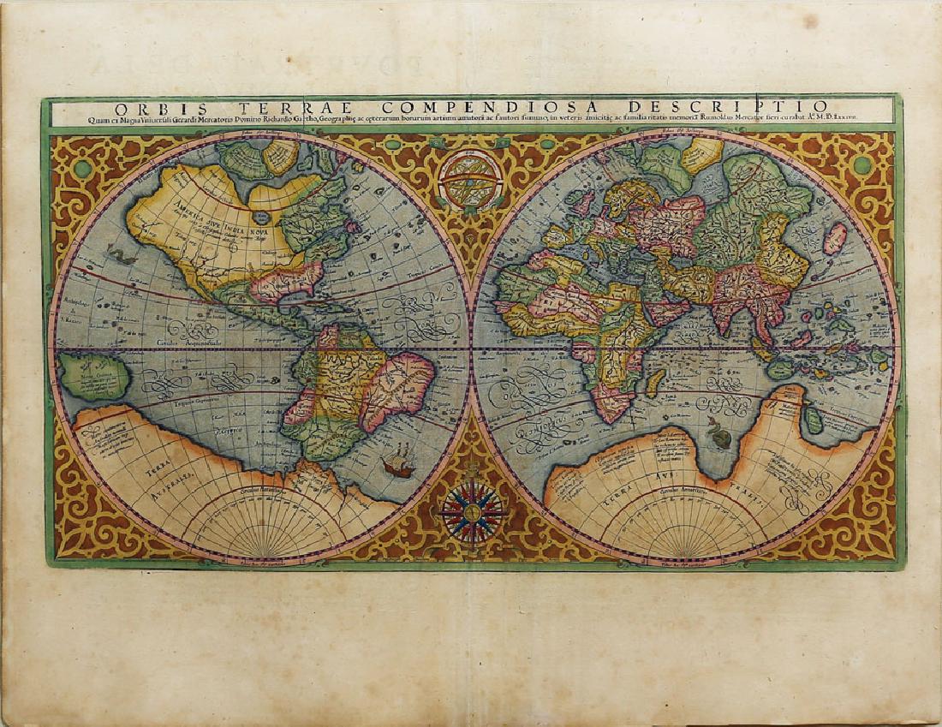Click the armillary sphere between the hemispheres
(x=470, y=181)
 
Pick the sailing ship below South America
(x=396, y=466)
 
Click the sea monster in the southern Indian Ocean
(x=721, y=438)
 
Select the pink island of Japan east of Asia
(x=834, y=237)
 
